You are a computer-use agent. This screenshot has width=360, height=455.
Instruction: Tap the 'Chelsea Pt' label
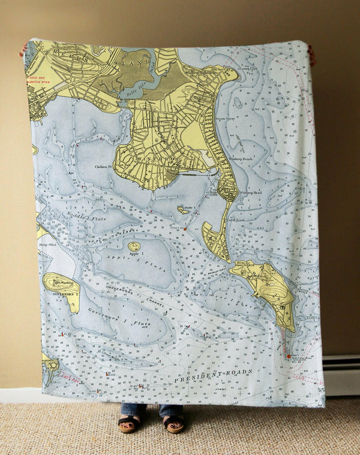coord(103,167)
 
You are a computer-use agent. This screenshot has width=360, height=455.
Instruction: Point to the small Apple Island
coord(134,246)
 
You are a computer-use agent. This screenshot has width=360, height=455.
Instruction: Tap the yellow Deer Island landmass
coord(266,288)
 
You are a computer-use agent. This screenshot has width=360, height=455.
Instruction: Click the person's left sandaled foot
coord(127,424)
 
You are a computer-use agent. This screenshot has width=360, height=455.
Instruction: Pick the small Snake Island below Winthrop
coord(182,210)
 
